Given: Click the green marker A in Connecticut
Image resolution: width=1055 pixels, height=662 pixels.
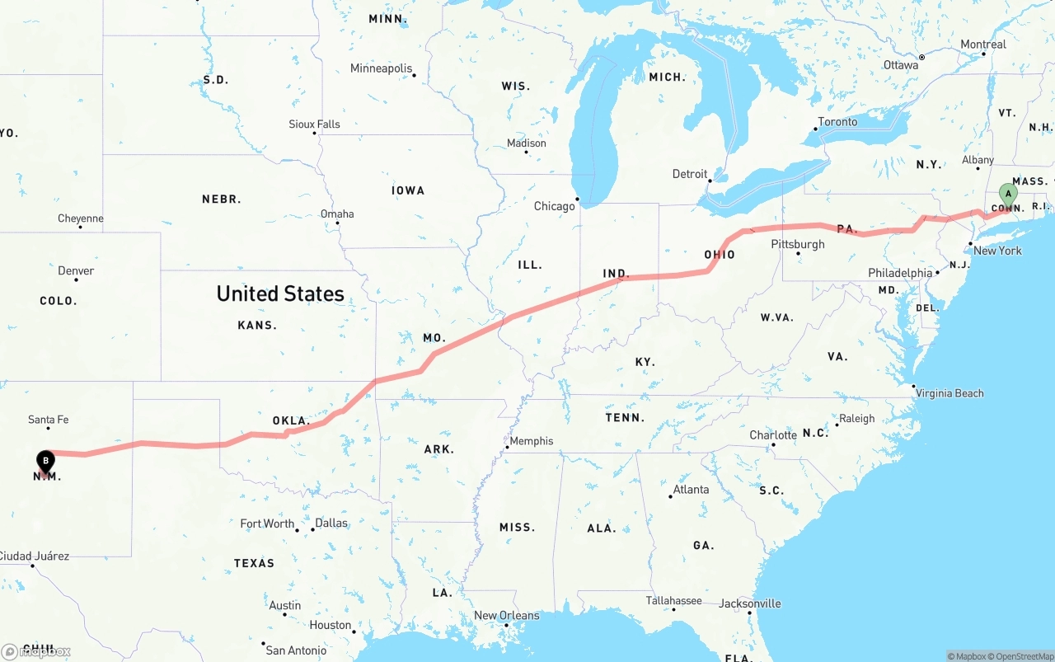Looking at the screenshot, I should coord(1007,195).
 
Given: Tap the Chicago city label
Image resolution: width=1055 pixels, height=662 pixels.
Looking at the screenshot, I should coord(554,206).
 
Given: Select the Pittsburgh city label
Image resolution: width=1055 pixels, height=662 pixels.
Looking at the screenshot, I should coord(797,244).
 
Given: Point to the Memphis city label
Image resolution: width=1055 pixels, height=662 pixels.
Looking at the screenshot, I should coord(532,441).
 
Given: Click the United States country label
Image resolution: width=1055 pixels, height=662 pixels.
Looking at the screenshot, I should coord(280,293).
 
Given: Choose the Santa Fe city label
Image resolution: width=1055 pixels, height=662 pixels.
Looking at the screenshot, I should coord(48,420).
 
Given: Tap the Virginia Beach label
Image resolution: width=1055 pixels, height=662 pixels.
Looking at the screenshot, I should coord(949,393).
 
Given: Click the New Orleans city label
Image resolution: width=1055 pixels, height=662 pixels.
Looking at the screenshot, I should coord(506,615).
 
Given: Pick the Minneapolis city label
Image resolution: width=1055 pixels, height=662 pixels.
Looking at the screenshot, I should coord(381,68).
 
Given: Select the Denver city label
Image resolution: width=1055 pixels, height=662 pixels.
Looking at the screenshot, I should coord(76,270).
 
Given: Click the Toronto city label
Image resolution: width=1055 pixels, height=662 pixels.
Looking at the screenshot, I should coord(837,122).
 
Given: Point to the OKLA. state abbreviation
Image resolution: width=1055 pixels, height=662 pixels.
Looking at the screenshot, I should coord(291,420).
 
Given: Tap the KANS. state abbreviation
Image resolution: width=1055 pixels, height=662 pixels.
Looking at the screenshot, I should coord(257,325).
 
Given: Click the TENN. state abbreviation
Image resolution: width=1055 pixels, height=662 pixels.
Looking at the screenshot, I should coord(625,418).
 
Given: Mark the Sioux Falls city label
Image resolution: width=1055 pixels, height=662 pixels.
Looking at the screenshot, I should coord(314,124).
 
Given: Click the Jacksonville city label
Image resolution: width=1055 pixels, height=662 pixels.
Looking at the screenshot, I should coord(749,603).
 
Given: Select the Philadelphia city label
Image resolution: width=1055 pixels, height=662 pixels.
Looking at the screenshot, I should coord(900,273).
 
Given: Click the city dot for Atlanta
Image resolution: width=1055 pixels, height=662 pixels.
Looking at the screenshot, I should coord(670,496).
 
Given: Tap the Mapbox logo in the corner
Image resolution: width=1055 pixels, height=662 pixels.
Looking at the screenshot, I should coord(36,651).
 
